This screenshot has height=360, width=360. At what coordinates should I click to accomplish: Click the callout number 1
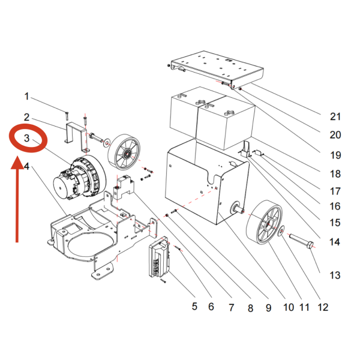(26, 96)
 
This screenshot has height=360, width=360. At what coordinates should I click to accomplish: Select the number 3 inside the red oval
(26, 139)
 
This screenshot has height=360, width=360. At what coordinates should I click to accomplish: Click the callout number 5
(194, 307)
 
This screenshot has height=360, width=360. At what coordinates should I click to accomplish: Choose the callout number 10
(287, 307)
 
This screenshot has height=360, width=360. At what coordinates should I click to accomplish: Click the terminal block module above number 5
(160, 262)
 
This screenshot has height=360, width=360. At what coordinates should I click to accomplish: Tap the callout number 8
(250, 307)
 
